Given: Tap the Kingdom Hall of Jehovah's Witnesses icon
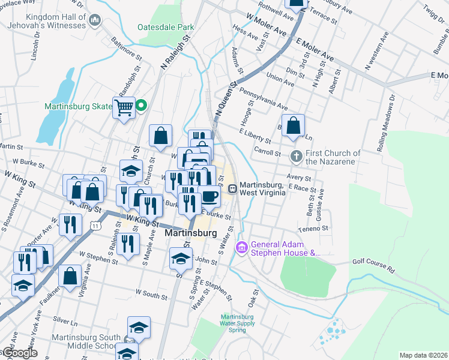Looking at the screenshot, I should point(95,22).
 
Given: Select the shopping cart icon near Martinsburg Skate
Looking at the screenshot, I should point(124,108).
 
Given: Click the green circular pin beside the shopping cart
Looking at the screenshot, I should point(141,106).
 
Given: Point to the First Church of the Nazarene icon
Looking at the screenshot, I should point(295,157).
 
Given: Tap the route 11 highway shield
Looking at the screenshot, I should point(95,225).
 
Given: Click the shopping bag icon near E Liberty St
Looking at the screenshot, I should point(293,126).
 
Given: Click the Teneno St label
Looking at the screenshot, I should point(313,229).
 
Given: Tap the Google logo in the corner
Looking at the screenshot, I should point(20,353).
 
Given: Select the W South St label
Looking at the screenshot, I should point(151,294).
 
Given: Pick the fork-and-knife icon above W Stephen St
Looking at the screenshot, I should point(128,243).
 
